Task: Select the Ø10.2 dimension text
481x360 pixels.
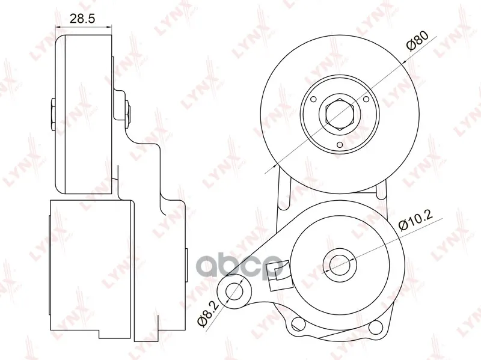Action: coord(415,221)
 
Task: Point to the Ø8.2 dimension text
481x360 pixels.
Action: coord(207,314)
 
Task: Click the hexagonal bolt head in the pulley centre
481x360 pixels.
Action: coord(339,114)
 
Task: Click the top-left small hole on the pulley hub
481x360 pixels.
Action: coord(313,99)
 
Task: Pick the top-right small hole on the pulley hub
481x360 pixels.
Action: coord(366,99)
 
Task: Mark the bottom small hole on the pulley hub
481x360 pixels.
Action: coord(339,145)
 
